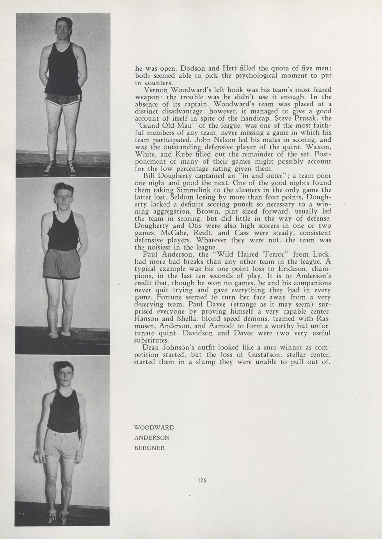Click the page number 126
tap(202, 480)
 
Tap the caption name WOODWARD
tap(154, 428)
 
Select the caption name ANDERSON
tap(152, 438)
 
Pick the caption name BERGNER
tap(149, 448)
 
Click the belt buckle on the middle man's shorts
tap(61, 252)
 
